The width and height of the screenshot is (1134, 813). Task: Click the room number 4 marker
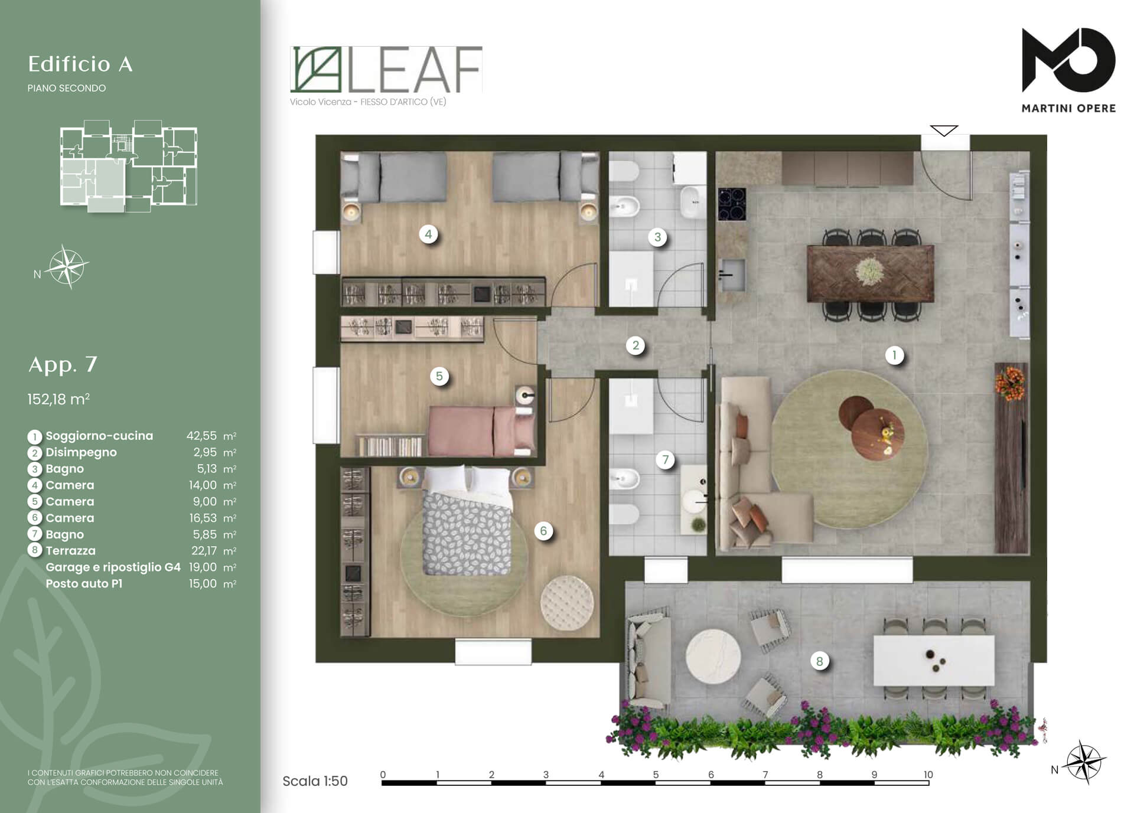[428, 234]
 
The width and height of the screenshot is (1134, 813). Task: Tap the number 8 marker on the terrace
[819, 661]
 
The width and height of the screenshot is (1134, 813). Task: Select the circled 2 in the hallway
[636, 345]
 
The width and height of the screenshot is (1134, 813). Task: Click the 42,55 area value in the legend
[201, 436]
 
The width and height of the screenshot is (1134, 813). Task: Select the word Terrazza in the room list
[70, 551]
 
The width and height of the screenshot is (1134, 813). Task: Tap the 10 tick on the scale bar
[928, 775]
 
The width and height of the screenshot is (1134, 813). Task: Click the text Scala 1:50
[315, 781]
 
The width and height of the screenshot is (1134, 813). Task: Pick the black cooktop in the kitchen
[732, 204]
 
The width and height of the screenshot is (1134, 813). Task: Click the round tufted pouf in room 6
[566, 602]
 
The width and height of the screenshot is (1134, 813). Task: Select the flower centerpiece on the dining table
[869, 271]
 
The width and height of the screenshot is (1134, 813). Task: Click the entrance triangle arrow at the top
[944, 130]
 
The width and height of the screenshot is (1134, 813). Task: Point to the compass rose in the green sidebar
[67, 267]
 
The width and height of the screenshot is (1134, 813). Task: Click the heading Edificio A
[80, 64]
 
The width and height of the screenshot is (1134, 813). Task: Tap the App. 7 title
[63, 364]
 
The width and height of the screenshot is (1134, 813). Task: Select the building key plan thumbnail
[128, 166]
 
